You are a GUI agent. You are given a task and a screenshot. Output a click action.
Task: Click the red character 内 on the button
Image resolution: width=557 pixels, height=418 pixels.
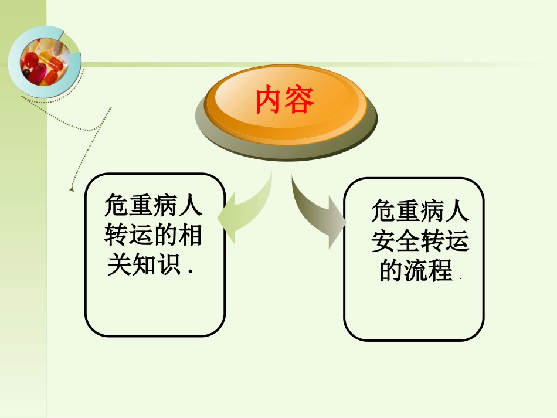(270, 100)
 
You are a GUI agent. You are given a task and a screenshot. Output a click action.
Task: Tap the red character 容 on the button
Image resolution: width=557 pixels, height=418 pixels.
(301, 100)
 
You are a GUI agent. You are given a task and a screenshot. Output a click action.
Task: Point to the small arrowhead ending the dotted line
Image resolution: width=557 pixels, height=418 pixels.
(72, 189)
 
